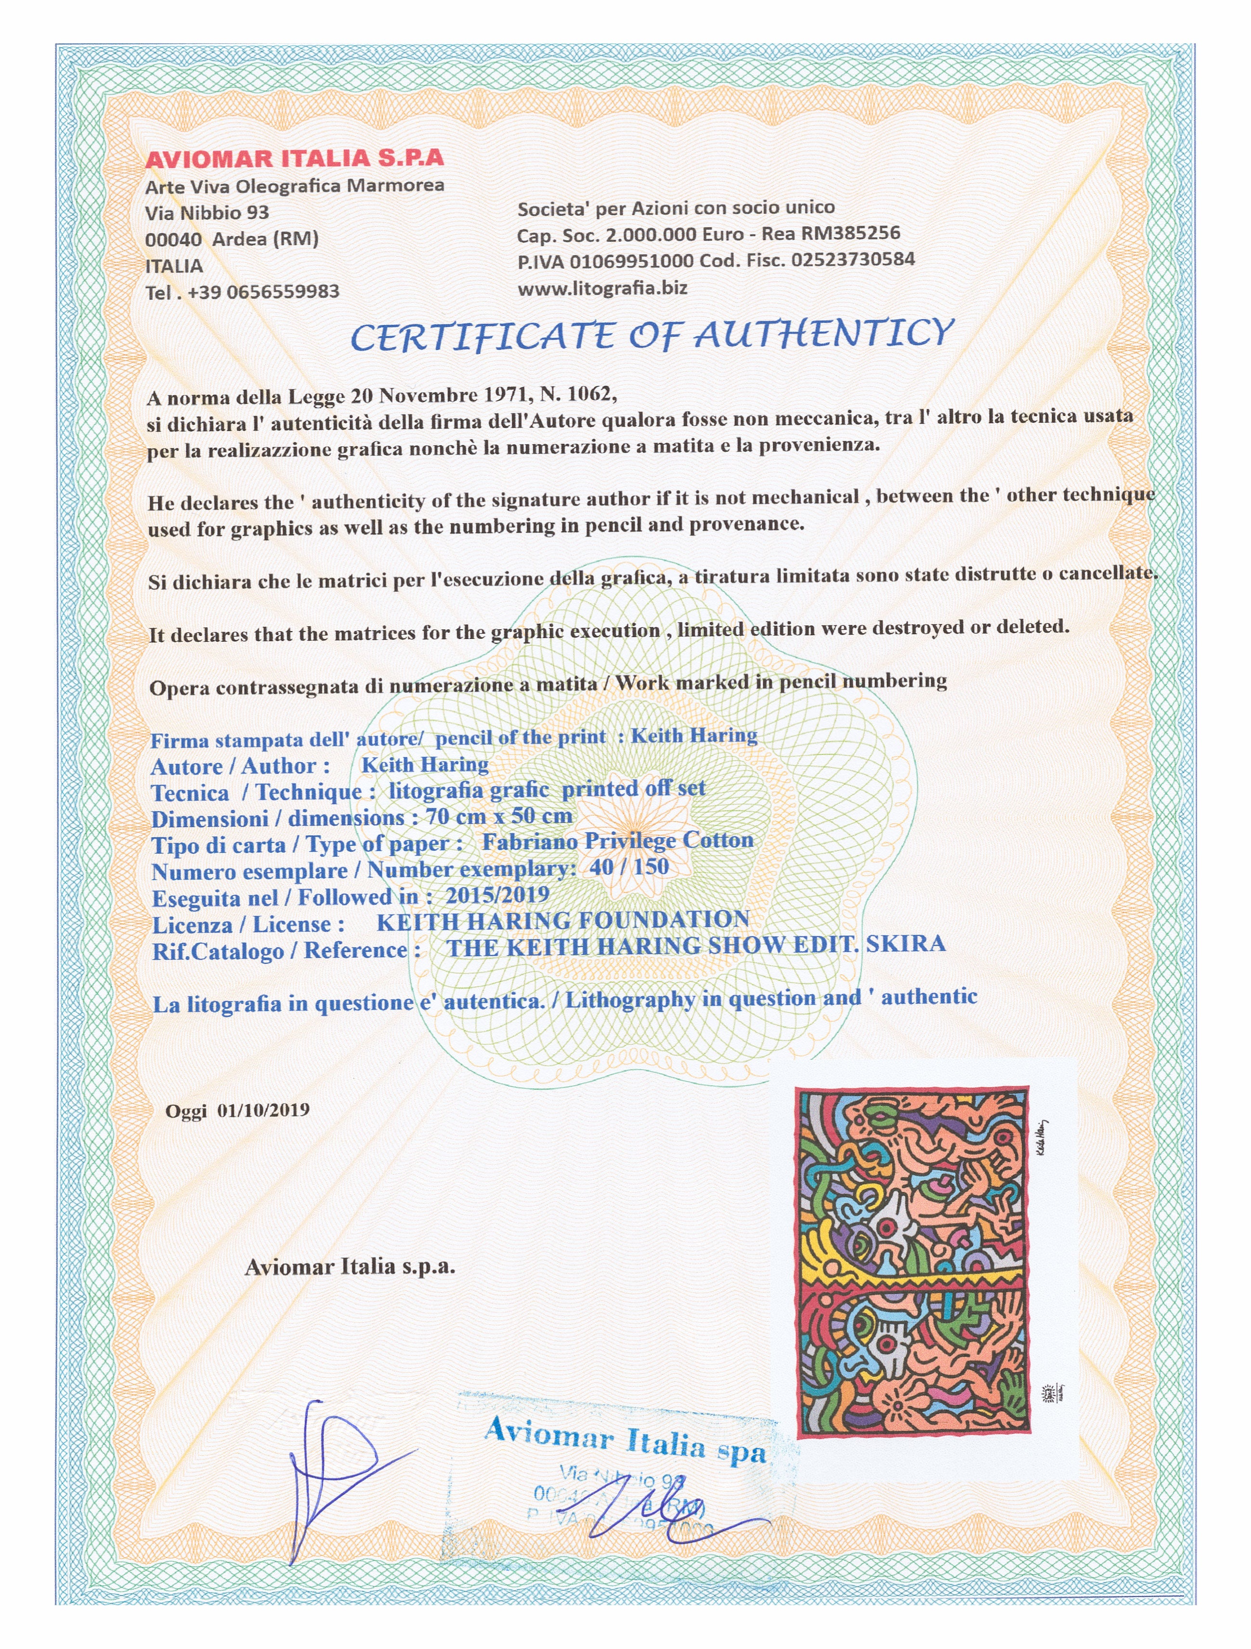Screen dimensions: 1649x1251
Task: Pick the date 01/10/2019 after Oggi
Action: [263, 1110]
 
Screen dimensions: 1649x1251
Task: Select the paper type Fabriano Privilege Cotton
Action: [617, 841]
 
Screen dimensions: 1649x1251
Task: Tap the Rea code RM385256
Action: [850, 234]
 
